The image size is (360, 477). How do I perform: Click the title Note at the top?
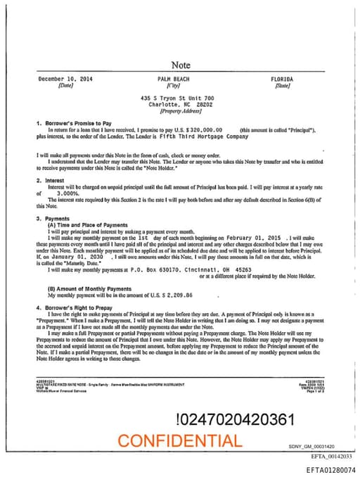coord(181,65)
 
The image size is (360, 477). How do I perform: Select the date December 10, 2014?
coord(65,79)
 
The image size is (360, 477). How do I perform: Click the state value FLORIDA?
coord(283,79)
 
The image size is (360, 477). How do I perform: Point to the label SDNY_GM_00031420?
coord(311,446)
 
